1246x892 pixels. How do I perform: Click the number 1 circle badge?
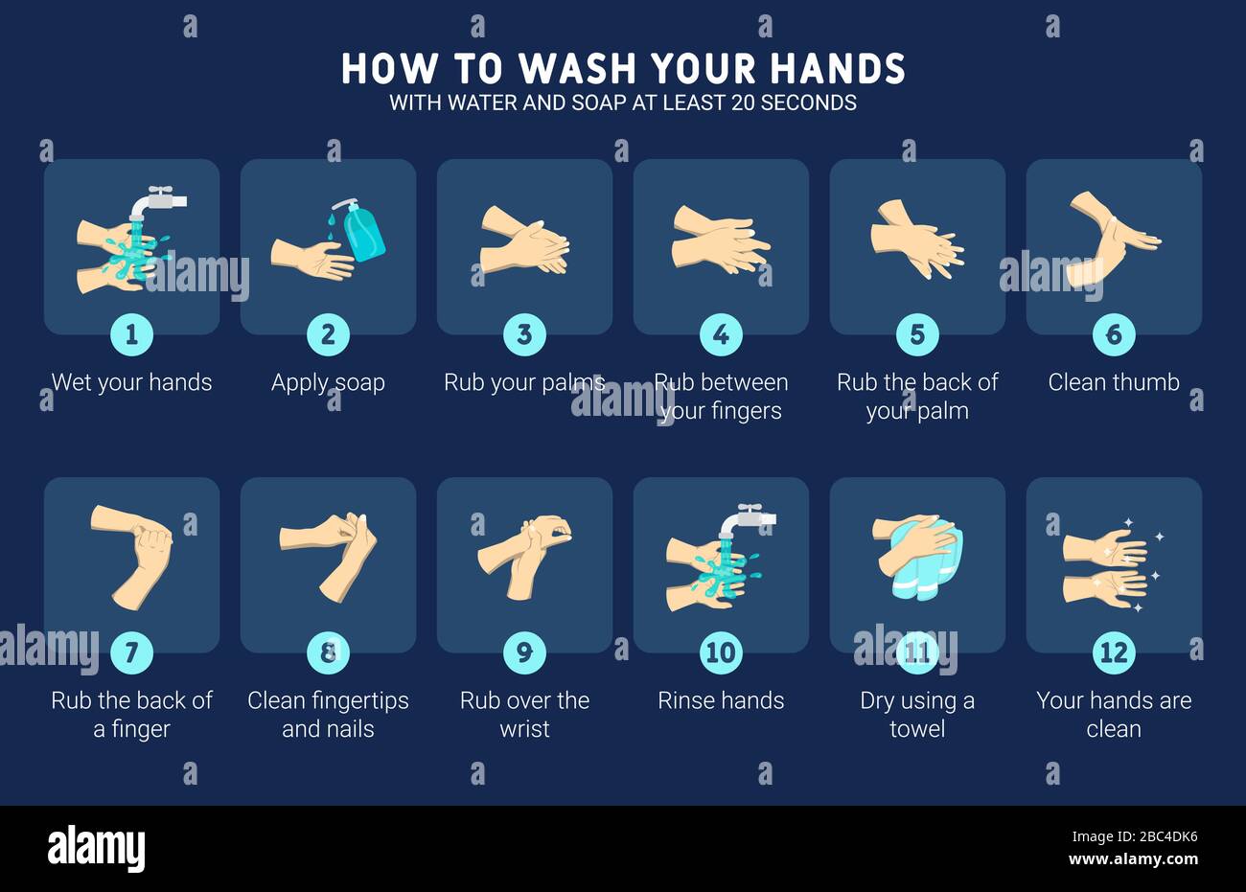coord(131,334)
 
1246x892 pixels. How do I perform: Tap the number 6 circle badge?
coord(1114,334)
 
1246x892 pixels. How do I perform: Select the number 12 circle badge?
coord(1114,652)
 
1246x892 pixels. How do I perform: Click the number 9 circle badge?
coord(524,652)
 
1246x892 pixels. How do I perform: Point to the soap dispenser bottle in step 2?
coord(363,232)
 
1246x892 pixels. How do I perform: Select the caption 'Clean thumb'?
coord(1114,382)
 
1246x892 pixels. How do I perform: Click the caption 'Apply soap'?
coord(328,382)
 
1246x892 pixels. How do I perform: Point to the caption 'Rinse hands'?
coord(721,700)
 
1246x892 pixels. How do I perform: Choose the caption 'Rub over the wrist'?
coord(524,715)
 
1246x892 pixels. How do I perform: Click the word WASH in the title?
coord(578,69)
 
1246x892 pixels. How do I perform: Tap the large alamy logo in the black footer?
coord(97,848)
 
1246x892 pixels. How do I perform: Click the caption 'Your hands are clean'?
coord(1114,715)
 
